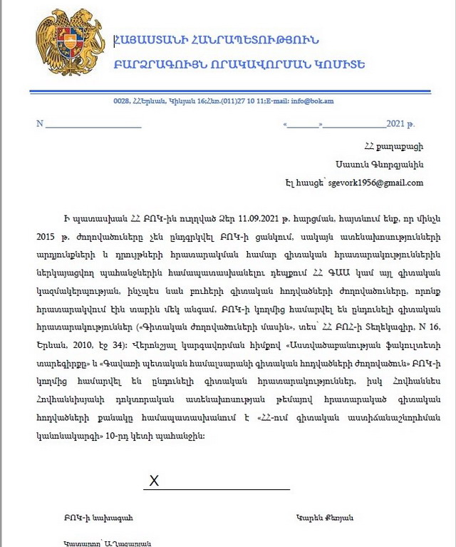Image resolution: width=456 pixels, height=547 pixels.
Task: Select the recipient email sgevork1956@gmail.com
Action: [375, 183]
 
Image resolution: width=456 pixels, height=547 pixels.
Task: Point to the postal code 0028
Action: [121, 101]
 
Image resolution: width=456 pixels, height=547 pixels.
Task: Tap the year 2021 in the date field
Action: [395, 123]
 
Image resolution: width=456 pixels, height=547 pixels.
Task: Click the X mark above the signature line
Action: [154, 481]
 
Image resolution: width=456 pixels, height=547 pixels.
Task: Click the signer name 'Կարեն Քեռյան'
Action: [323, 517]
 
